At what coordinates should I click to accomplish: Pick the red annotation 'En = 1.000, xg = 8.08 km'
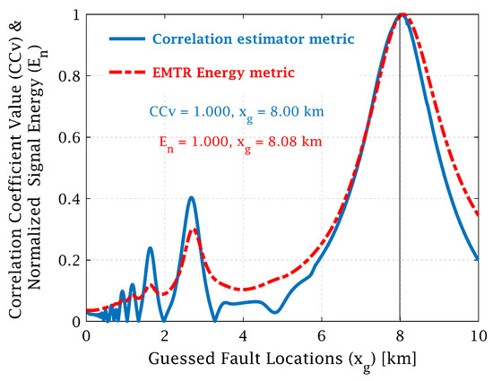pyautogui.click(x=237, y=141)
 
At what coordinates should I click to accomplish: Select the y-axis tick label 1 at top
pyautogui.click(x=75, y=15)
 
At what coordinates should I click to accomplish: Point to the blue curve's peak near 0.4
pyautogui.click(x=191, y=197)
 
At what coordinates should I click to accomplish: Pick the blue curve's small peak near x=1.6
pyautogui.click(x=150, y=247)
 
